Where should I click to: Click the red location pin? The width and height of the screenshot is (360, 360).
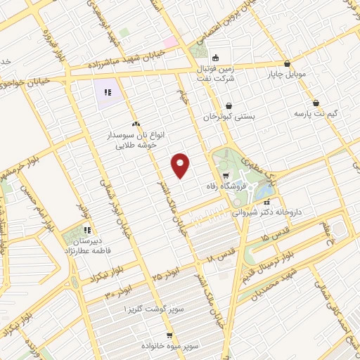click(x=181, y=165)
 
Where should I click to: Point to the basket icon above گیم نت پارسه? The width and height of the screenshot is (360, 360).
click(x=316, y=102)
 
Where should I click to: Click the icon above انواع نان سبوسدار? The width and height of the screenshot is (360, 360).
click(x=135, y=123)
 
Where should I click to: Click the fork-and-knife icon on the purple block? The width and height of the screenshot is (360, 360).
click(x=108, y=92)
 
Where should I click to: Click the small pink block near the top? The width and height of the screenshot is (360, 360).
click(x=170, y=42)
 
